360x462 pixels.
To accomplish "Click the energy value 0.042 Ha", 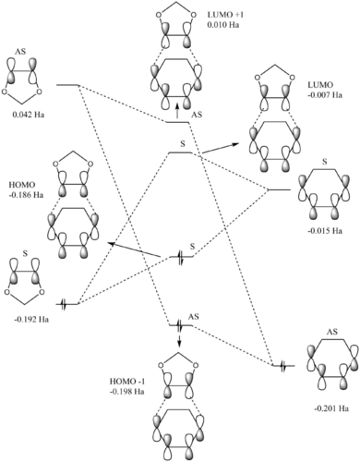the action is [x=29, y=115].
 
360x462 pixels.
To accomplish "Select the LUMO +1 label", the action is [x=225, y=15].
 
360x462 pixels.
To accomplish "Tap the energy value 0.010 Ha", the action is [x=223, y=25].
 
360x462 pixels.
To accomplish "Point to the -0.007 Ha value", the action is [x=325, y=95].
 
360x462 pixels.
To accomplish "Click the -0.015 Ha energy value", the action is [x=325, y=231].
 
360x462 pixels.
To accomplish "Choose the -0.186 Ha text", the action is [x=26, y=195].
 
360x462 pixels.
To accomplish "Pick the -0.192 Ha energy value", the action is [x=31, y=319].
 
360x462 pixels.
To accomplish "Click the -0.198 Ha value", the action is [x=127, y=392].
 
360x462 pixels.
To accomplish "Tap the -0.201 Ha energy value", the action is [x=331, y=408].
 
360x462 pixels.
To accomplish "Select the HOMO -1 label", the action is [x=127, y=382].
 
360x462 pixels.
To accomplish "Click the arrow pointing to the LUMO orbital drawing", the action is [x=221, y=148].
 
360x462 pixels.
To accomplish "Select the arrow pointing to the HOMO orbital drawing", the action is [x=134, y=249].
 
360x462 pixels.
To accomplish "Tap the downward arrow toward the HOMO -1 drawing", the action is [x=180, y=338].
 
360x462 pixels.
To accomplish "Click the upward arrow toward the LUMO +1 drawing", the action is [x=177, y=111].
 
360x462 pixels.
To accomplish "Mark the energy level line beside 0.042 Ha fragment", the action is [x=67, y=85].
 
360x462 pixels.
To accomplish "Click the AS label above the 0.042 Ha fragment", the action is [x=20, y=52].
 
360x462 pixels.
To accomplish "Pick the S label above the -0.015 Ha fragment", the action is [x=325, y=162].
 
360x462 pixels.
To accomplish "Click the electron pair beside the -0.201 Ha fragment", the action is [x=283, y=366].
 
